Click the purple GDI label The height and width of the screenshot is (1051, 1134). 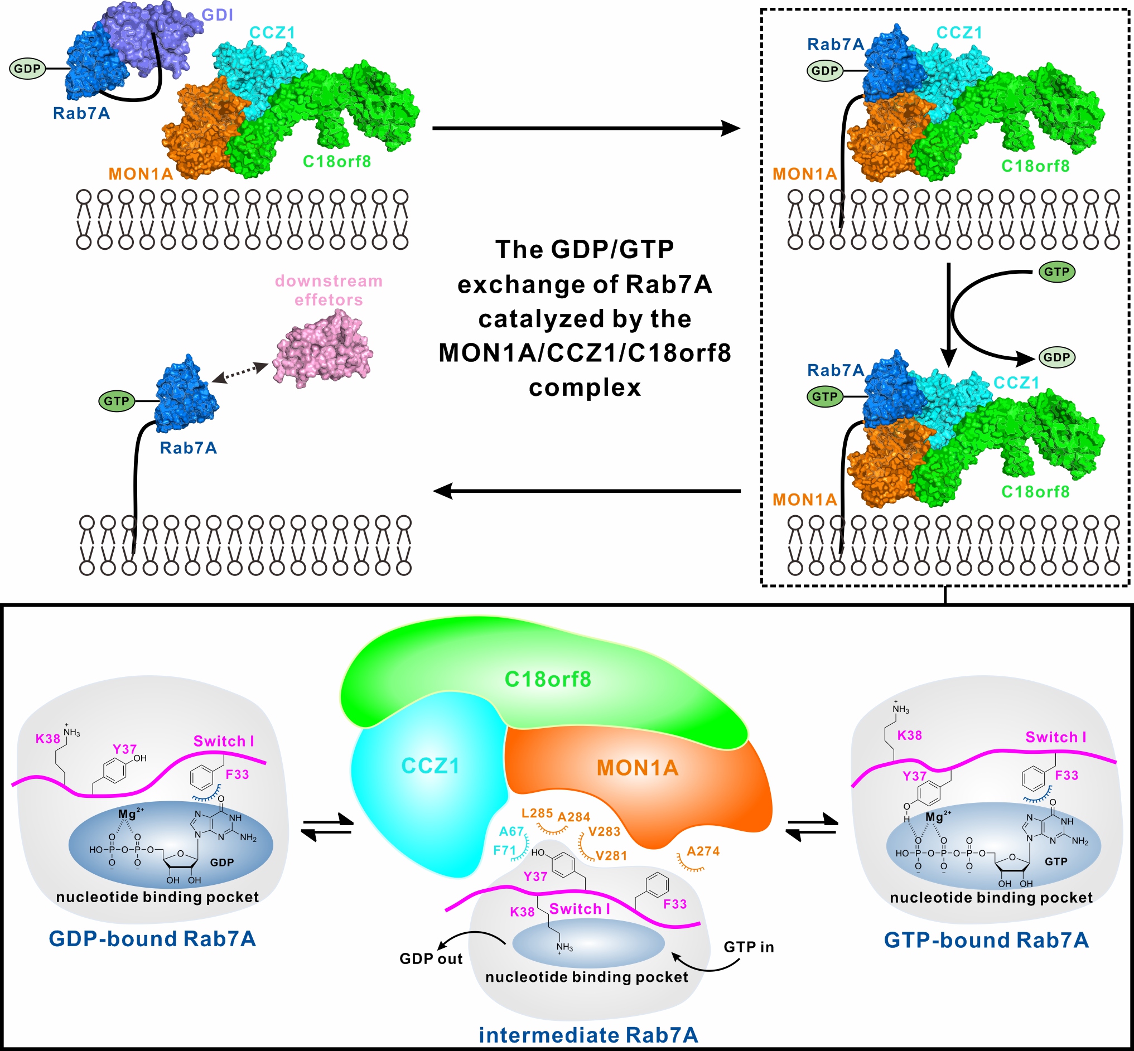pyautogui.click(x=218, y=15)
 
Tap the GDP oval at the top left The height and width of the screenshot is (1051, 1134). pyautogui.click(x=27, y=69)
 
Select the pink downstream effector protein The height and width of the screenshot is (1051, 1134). pyautogui.click(x=322, y=348)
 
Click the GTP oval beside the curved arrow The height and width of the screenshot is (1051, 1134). pyautogui.click(x=1056, y=272)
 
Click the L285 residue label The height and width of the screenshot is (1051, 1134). pyautogui.click(x=537, y=813)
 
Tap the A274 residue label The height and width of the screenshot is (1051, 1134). pyautogui.click(x=703, y=851)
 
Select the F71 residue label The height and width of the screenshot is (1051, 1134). pyautogui.click(x=504, y=850)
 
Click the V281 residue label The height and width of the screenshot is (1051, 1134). pyautogui.click(x=611, y=855)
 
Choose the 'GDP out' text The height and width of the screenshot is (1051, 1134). pyautogui.click(x=431, y=959)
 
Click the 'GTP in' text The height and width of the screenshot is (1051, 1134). pyautogui.click(x=749, y=947)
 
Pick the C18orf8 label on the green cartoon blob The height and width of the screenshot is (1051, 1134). pyautogui.click(x=548, y=679)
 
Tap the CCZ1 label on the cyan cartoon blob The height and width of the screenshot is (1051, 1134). pyautogui.click(x=430, y=766)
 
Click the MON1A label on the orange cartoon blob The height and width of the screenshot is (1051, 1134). pyautogui.click(x=637, y=768)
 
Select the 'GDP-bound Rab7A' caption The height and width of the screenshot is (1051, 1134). pyautogui.click(x=152, y=939)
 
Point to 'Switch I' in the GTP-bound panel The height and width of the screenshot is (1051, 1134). pyautogui.click(x=1055, y=737)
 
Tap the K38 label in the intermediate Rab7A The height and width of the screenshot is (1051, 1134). pyautogui.click(x=522, y=912)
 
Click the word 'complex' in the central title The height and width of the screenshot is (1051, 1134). pyautogui.click(x=585, y=388)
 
